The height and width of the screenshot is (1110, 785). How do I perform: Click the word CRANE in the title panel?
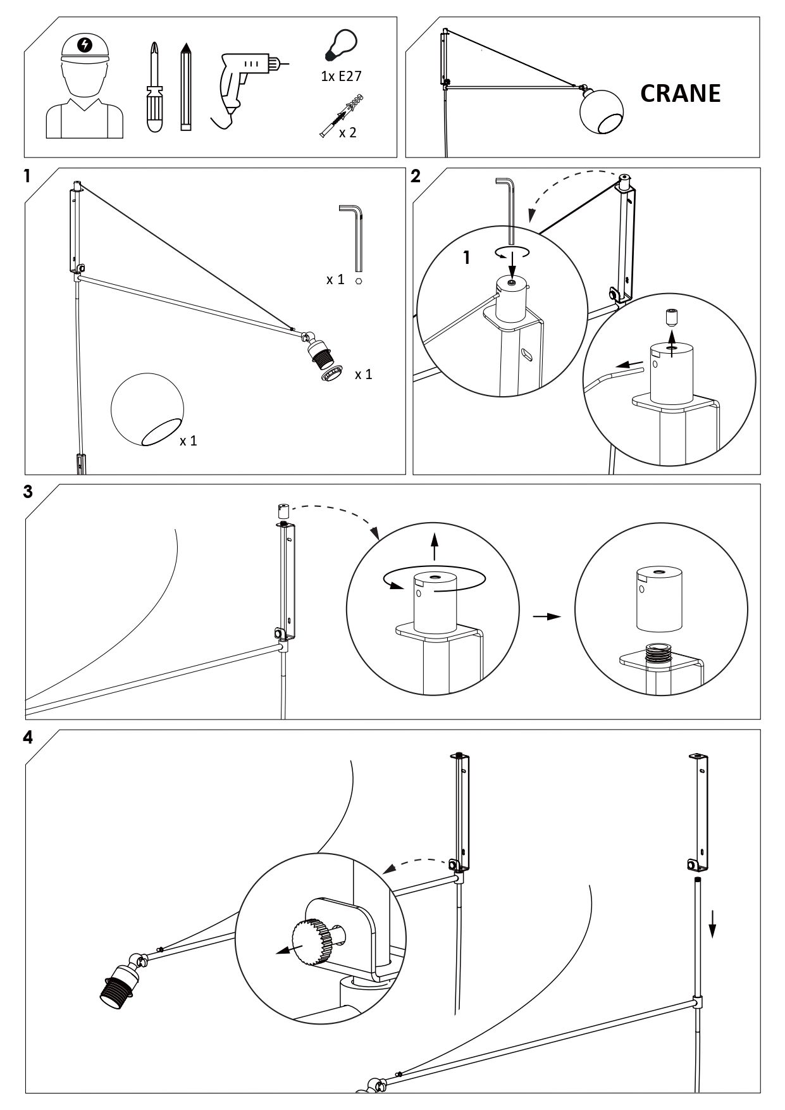tap(680, 94)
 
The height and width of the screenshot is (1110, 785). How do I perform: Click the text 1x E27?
tap(341, 77)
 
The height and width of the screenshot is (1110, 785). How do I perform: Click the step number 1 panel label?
tap(27, 176)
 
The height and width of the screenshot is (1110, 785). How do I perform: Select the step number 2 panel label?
tap(415, 176)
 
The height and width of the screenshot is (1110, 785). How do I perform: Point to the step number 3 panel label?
tap(27, 492)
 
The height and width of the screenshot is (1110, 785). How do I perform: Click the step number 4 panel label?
tap(27, 738)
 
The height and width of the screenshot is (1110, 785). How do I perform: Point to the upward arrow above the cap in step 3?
tap(434, 546)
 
